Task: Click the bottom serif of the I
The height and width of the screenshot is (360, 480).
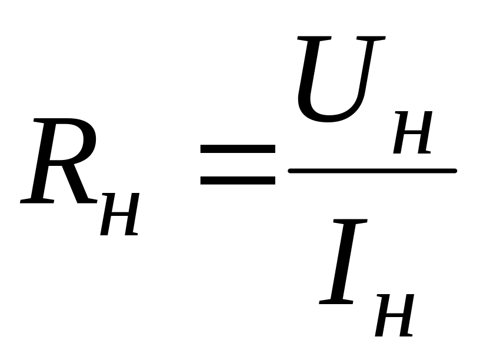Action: (337, 302)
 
